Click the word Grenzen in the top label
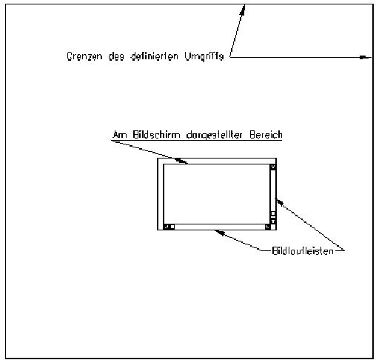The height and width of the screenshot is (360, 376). coord(84,56)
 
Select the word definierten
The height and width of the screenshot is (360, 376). coord(154,56)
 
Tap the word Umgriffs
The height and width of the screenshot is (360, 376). coord(204,56)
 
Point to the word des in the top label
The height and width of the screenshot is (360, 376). coord(116,56)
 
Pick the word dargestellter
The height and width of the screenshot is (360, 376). coord(214,135)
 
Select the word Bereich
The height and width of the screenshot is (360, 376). coord(266,135)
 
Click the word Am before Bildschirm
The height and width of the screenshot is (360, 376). coord(119,135)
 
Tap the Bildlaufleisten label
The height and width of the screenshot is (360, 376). coord(303,251)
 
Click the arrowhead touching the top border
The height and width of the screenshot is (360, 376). coord(243,10)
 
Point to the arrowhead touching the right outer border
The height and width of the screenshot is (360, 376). coord(365,57)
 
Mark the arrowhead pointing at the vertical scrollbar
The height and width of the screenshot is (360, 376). coord(279,201)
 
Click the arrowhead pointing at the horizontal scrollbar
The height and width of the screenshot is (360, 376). coord(220,232)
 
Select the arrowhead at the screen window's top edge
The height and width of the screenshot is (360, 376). coord(181,161)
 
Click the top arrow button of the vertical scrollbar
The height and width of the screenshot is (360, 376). coord(273,167)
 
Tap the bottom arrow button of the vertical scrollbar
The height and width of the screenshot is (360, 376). coord(273,221)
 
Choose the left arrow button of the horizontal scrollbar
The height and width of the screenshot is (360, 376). coord(167,227)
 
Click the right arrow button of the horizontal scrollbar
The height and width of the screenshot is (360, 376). coord(268,227)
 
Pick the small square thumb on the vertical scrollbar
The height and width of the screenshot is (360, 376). coord(273,213)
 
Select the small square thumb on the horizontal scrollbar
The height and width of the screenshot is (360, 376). coord(172,227)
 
